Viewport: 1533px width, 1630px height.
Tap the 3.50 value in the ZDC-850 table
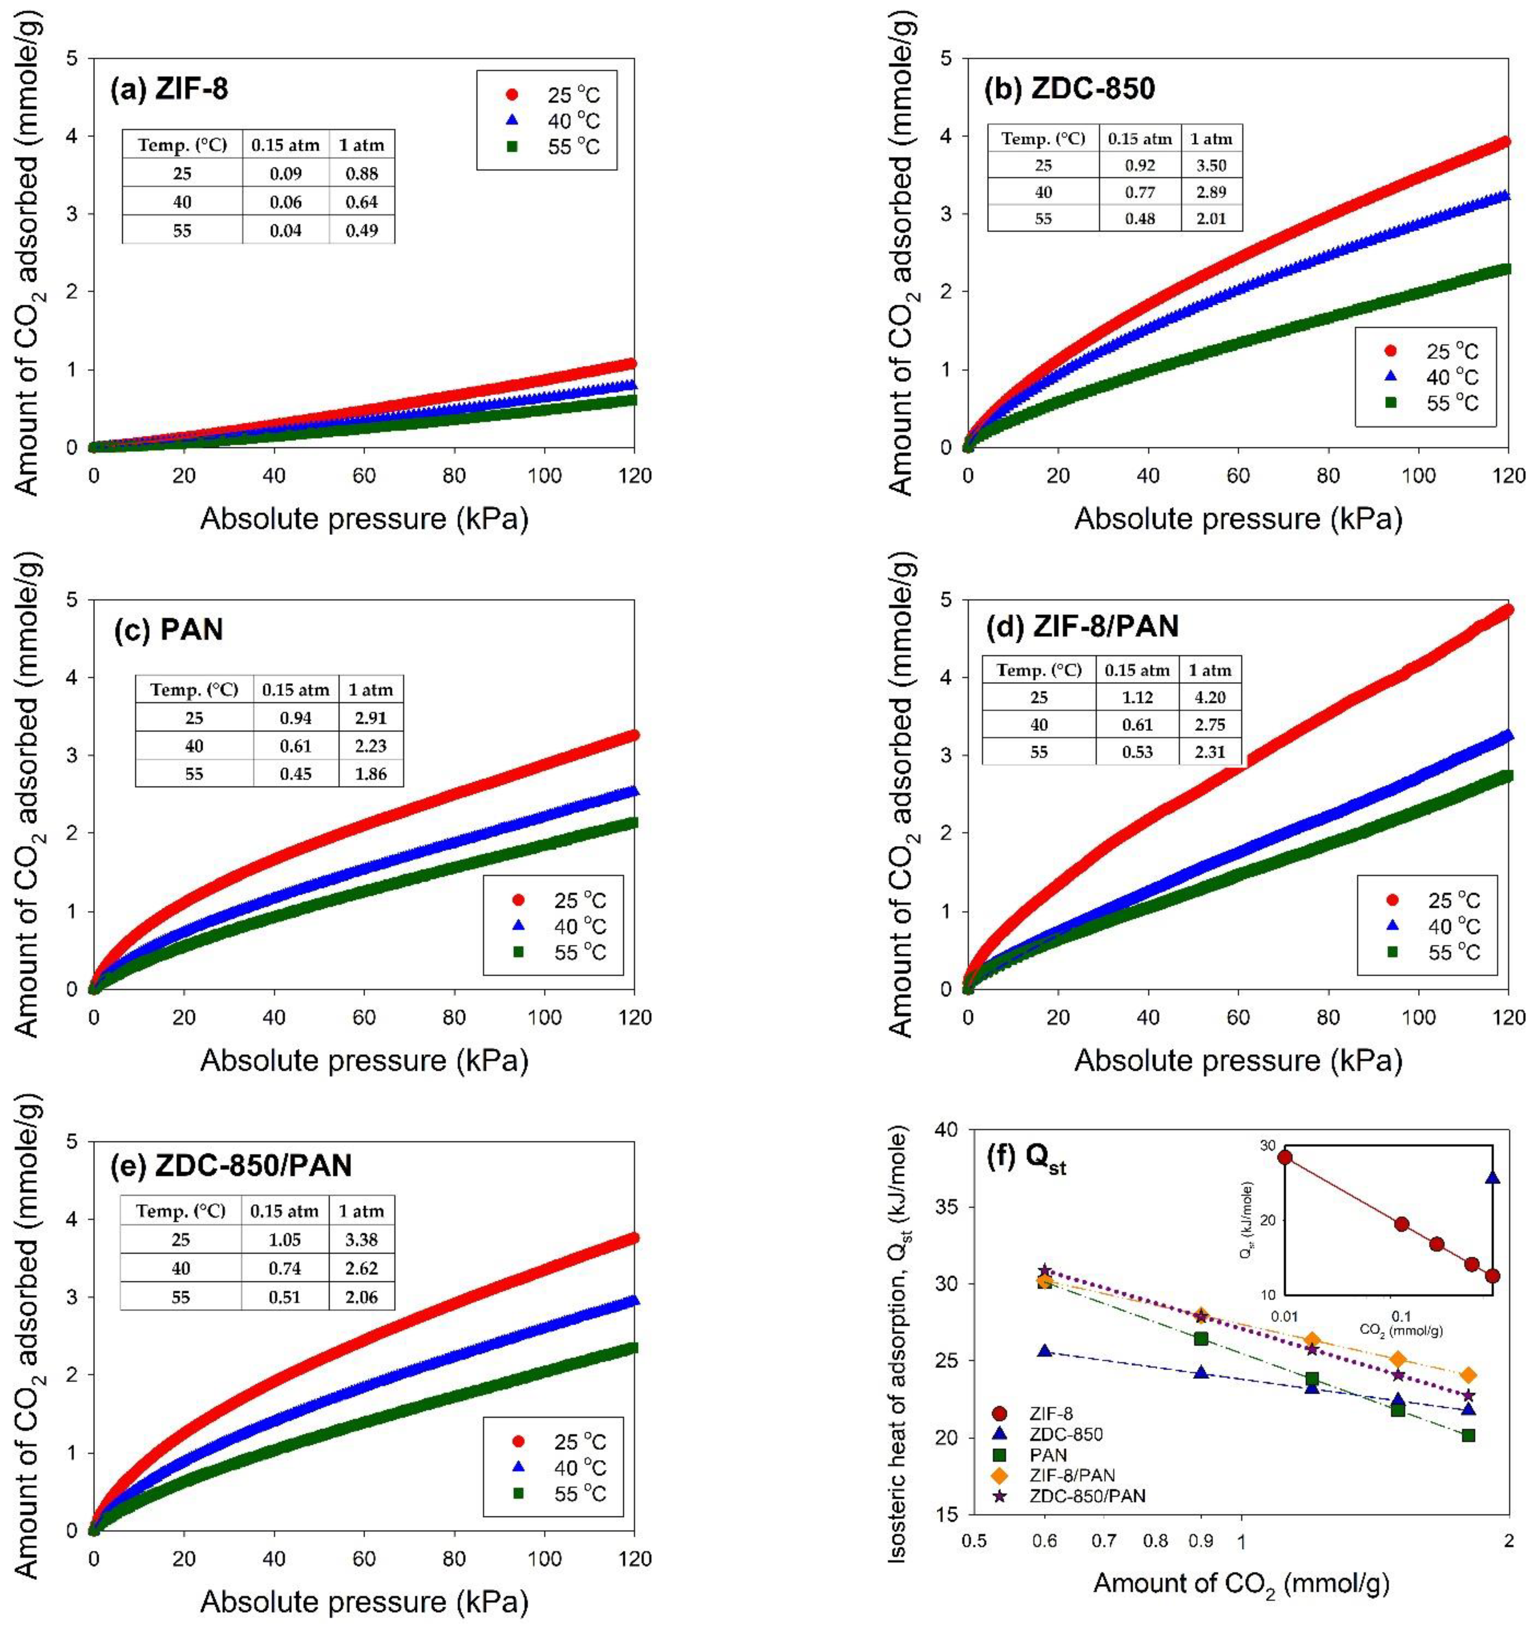pos(1211,166)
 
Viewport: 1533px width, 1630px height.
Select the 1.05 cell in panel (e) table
pos(285,1240)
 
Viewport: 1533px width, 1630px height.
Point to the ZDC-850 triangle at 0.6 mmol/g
pos(1044,1351)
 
